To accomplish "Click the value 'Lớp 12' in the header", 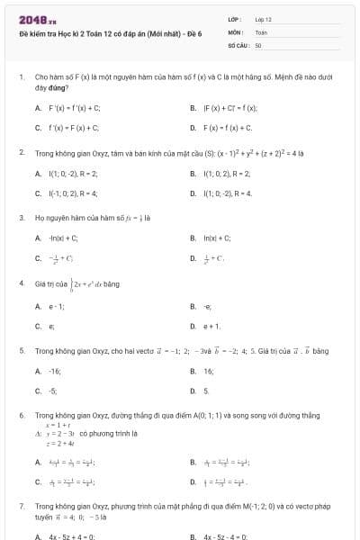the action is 263,19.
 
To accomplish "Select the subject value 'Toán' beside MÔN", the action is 261,31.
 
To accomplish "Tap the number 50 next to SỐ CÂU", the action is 258,43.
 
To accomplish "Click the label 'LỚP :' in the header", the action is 234,19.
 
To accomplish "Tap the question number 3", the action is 22,217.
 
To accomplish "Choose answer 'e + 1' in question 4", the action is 211,326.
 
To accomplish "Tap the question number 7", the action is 22,507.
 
